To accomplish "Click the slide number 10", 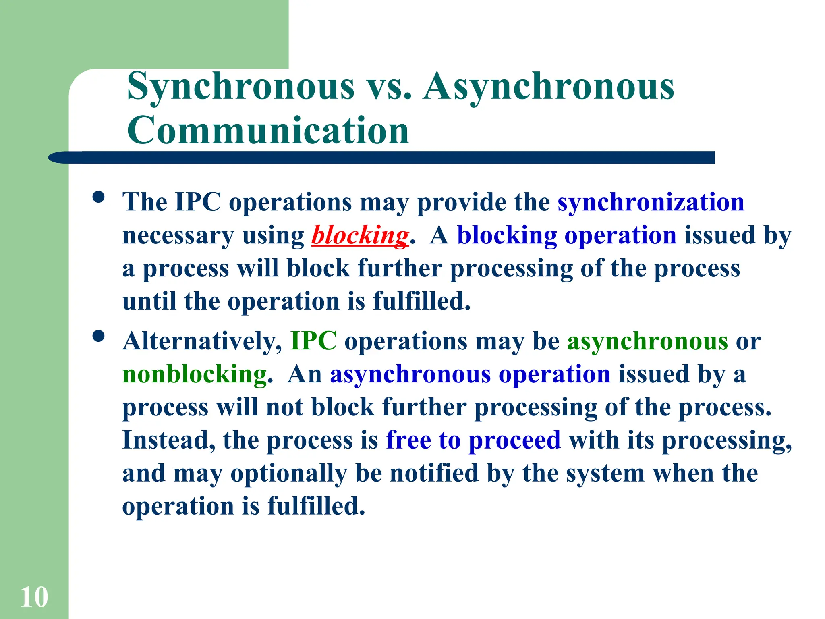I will (34, 597).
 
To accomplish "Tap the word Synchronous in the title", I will (240, 86).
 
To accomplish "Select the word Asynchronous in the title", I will (549, 86).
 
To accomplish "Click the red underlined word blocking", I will (360, 236).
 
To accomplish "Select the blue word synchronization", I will (651, 202).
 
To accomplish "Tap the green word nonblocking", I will (195, 374).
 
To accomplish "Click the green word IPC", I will (313, 341).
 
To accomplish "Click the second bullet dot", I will (99, 336).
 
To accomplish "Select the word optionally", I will (288, 474).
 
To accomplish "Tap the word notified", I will (434, 473).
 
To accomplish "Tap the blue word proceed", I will (514, 440).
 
